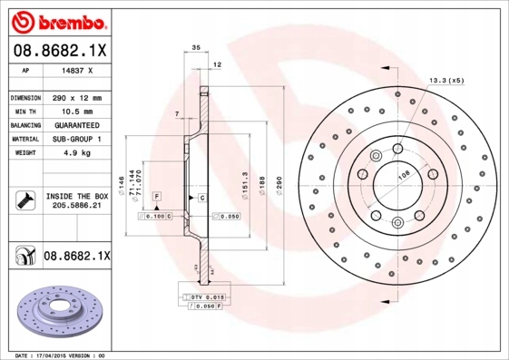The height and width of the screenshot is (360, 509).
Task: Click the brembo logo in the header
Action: pyautogui.click(x=58, y=21)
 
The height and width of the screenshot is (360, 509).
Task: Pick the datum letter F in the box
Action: pyautogui.click(x=156, y=197)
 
